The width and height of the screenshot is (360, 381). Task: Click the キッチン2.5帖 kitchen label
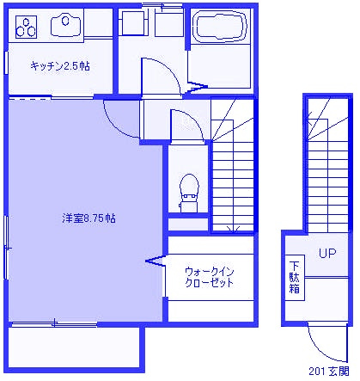tap(60, 66)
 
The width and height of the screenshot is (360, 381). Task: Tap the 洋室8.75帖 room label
tap(89, 218)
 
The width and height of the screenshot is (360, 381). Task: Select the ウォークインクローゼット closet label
tap(210, 277)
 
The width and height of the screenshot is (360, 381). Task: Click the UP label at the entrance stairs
tap(327, 253)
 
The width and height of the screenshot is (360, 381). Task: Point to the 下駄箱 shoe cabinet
tap(295, 278)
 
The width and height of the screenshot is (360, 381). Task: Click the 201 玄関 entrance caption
tap(329, 372)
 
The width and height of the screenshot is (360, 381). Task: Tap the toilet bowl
tap(189, 185)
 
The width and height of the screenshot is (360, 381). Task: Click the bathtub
tap(220, 26)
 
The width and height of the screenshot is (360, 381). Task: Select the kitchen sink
tap(65, 26)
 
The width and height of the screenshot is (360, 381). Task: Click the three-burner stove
tap(26, 27)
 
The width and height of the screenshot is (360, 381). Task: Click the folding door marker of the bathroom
tap(197, 87)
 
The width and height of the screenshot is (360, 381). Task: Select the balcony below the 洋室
tap(76, 347)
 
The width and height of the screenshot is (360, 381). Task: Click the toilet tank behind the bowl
tap(189, 204)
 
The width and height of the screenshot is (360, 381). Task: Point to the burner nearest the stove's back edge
tap(26, 22)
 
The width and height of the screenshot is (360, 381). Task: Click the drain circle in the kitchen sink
tap(65, 21)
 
